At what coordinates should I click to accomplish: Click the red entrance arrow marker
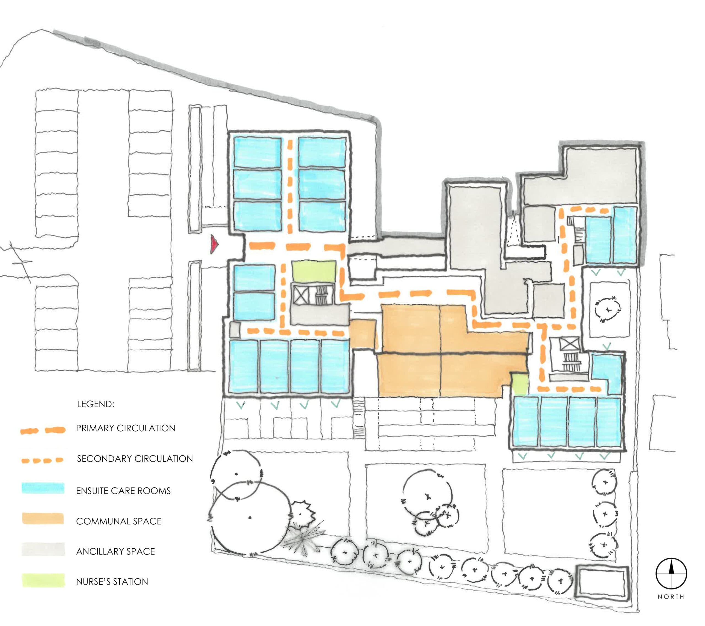tap(215, 245)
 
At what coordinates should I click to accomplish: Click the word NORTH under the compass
tap(671, 596)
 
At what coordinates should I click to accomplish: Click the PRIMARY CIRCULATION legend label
tap(126, 428)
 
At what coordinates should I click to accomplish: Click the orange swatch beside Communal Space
tap(43, 519)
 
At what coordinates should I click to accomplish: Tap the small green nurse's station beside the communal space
tap(519, 384)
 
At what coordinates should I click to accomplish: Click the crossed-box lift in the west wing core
tap(300, 296)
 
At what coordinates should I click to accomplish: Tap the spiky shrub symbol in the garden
tap(303, 538)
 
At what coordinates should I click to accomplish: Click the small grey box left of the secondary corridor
tap(235, 329)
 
